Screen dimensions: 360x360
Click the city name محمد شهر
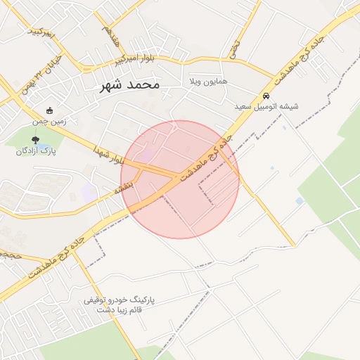point(127,84)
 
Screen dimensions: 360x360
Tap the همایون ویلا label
point(207,82)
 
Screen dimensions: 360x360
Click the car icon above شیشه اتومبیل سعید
point(266,96)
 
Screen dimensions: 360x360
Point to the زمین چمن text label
point(49,121)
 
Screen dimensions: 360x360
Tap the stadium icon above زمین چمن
point(49,110)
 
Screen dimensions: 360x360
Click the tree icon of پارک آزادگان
point(36,140)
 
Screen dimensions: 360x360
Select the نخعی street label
point(234,48)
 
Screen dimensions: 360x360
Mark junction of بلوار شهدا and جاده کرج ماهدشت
point(174,174)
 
